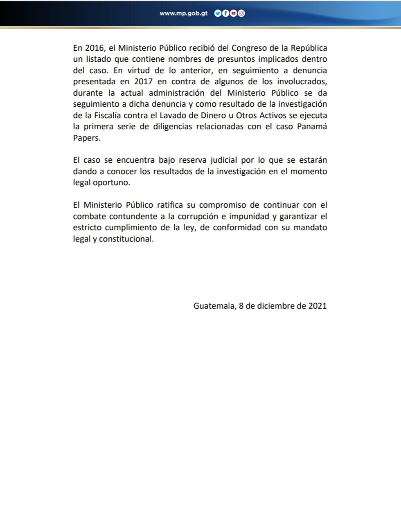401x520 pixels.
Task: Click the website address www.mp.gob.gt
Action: tap(183, 13)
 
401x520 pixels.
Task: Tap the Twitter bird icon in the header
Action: tap(218, 13)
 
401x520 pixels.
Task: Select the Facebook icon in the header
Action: tap(225, 13)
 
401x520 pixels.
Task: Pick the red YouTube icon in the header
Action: tap(233, 13)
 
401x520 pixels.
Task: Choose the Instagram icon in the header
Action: tap(241, 13)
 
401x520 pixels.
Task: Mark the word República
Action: tap(308, 48)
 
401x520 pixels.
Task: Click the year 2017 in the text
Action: tap(143, 82)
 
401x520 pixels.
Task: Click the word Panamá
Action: tap(312, 127)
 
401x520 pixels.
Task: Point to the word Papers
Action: tap(86, 138)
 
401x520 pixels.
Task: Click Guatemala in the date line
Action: tap(214, 306)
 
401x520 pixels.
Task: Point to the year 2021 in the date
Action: tap(317, 306)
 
